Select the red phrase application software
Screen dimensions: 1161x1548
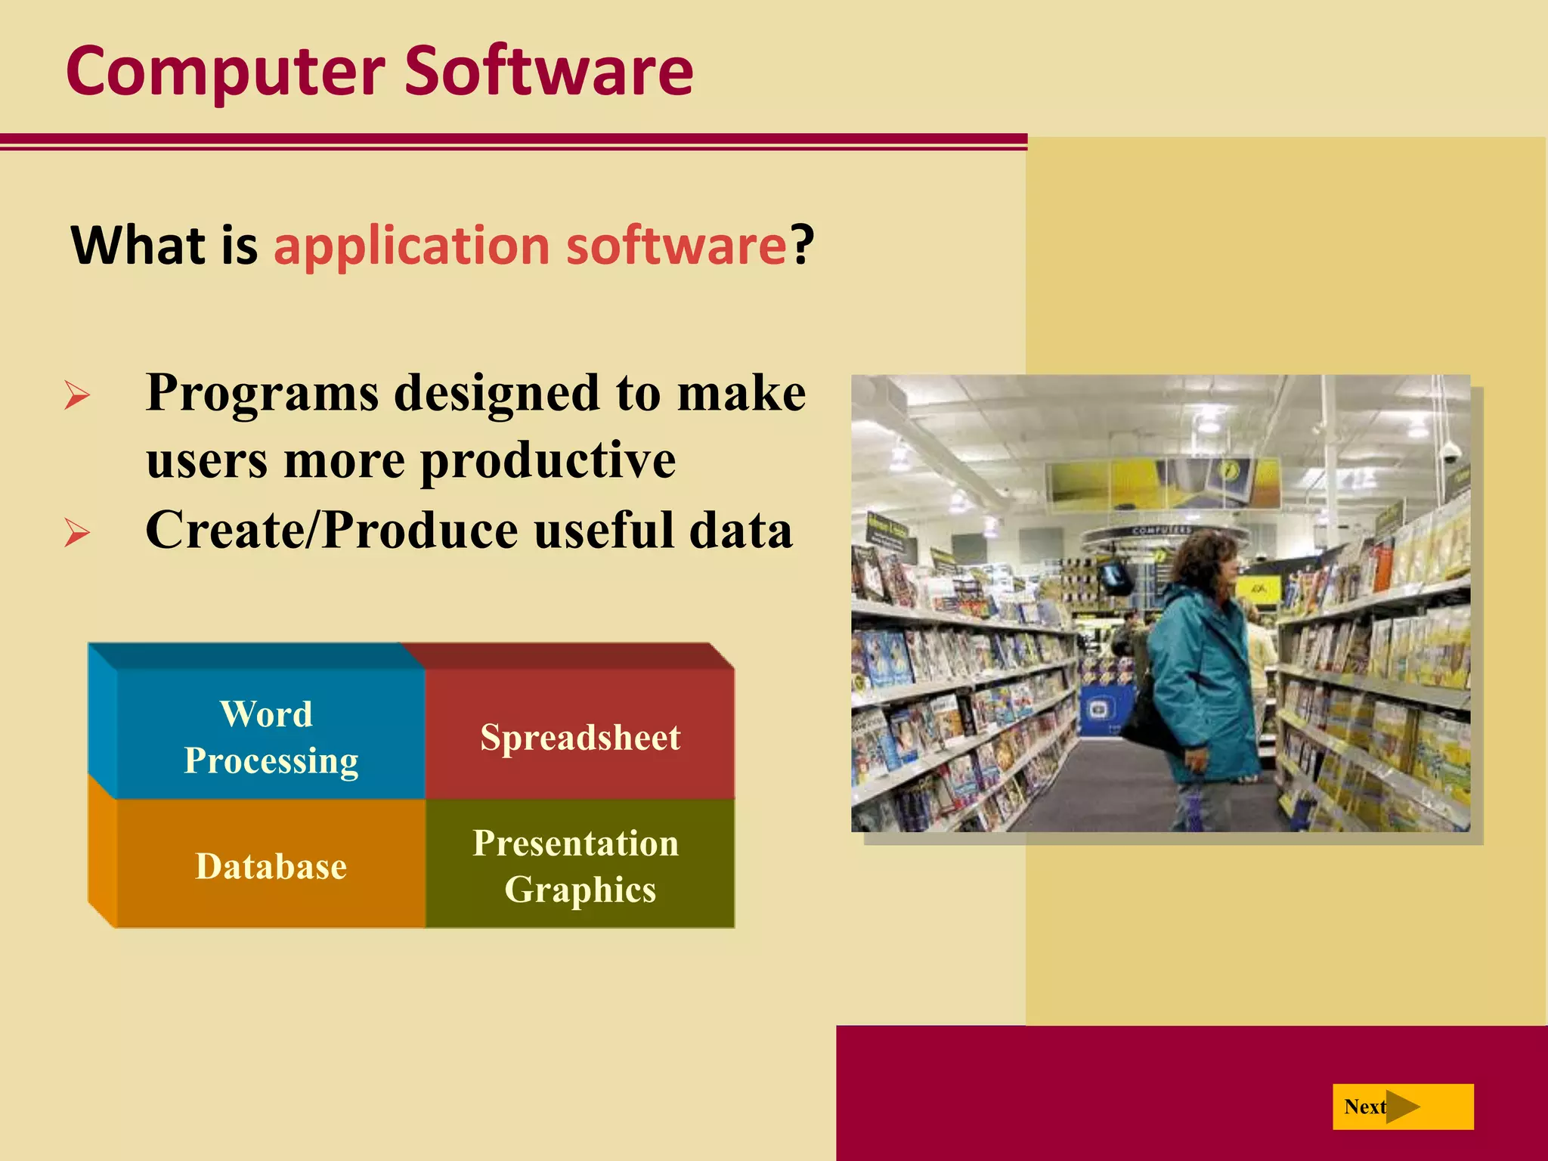pos(529,246)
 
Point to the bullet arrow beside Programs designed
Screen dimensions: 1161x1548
pos(76,395)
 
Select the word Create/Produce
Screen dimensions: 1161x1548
pos(332,530)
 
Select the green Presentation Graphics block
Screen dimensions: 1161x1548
pos(580,865)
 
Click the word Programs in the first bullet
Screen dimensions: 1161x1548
pos(262,393)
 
